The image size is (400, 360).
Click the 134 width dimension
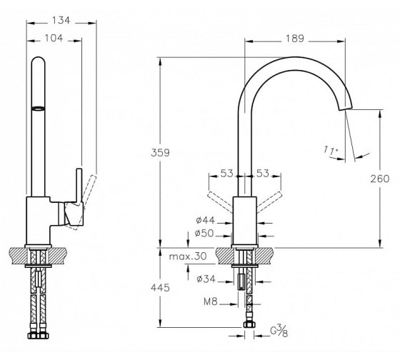[x=61, y=20]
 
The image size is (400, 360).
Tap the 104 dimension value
[x=54, y=38]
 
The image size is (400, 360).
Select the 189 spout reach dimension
[x=295, y=39]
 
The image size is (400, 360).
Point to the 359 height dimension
[x=160, y=153]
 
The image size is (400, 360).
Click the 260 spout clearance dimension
[x=380, y=179]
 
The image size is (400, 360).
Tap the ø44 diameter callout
[x=206, y=220]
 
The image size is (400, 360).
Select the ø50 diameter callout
[x=204, y=233]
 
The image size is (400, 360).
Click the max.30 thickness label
[x=188, y=256]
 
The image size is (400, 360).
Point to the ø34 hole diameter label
[x=206, y=279]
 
